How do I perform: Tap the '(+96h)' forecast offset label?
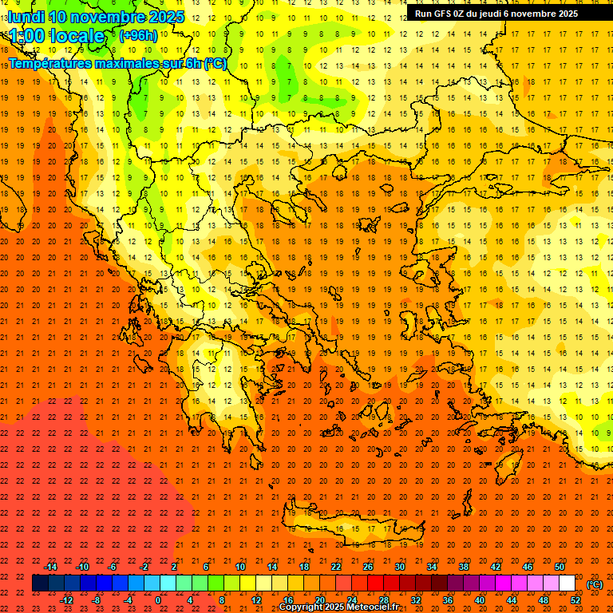pos(138,35)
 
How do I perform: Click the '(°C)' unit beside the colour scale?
pos(595,584)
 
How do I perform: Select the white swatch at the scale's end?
pos(568,583)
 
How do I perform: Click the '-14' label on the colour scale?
pos(50,567)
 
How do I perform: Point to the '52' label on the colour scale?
pos(575,599)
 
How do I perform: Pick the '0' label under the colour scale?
pos(158,599)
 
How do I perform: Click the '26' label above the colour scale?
pos(368,567)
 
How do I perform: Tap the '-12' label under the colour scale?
pos(66,599)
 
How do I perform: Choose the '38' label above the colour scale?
pos(464,567)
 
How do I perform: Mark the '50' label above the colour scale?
pos(560,567)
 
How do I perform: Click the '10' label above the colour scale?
pos(240,567)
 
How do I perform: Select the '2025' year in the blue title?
pos(166,16)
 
